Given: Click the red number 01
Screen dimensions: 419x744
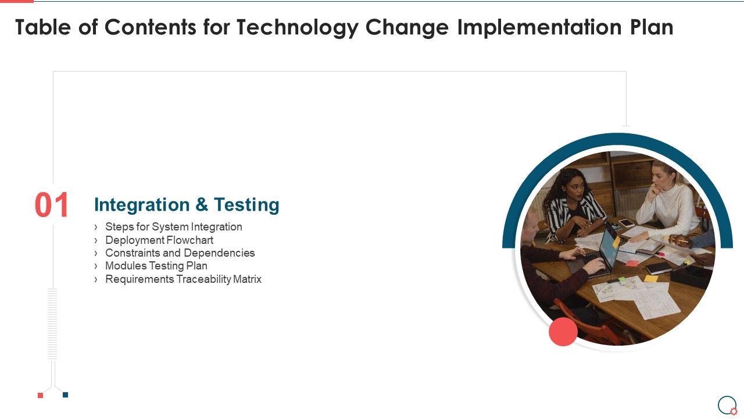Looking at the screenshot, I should [x=52, y=205].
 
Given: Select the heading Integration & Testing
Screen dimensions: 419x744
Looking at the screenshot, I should [x=187, y=205].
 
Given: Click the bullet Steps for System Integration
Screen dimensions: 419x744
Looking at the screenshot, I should [x=173, y=227].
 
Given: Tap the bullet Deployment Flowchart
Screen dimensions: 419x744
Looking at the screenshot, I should [x=159, y=240].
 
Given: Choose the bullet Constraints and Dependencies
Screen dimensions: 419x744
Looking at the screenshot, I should [x=180, y=253].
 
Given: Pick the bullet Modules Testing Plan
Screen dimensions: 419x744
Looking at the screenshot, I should [x=156, y=266].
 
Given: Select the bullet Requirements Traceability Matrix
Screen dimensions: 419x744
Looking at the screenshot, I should [x=183, y=279].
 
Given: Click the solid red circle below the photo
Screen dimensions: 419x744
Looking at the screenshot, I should [x=563, y=332].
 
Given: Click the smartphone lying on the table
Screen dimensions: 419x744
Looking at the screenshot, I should [x=626, y=222].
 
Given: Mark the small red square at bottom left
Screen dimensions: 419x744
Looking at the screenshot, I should [x=40, y=395].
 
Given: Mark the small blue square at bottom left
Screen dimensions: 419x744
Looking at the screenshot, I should [x=65, y=395].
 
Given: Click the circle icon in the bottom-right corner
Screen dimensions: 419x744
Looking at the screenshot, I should [x=727, y=404].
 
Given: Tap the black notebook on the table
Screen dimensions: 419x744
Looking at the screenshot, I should [x=659, y=268].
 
